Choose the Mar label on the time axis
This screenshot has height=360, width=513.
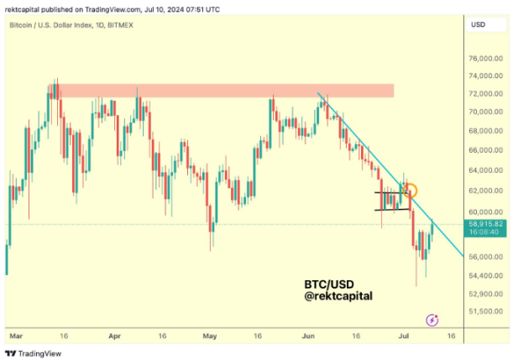[x=13, y=336]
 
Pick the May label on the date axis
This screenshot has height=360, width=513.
[x=210, y=336]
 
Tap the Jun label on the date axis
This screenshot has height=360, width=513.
[x=308, y=336]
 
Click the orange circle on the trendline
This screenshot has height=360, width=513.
[x=410, y=191]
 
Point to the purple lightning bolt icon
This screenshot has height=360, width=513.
[x=432, y=320]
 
